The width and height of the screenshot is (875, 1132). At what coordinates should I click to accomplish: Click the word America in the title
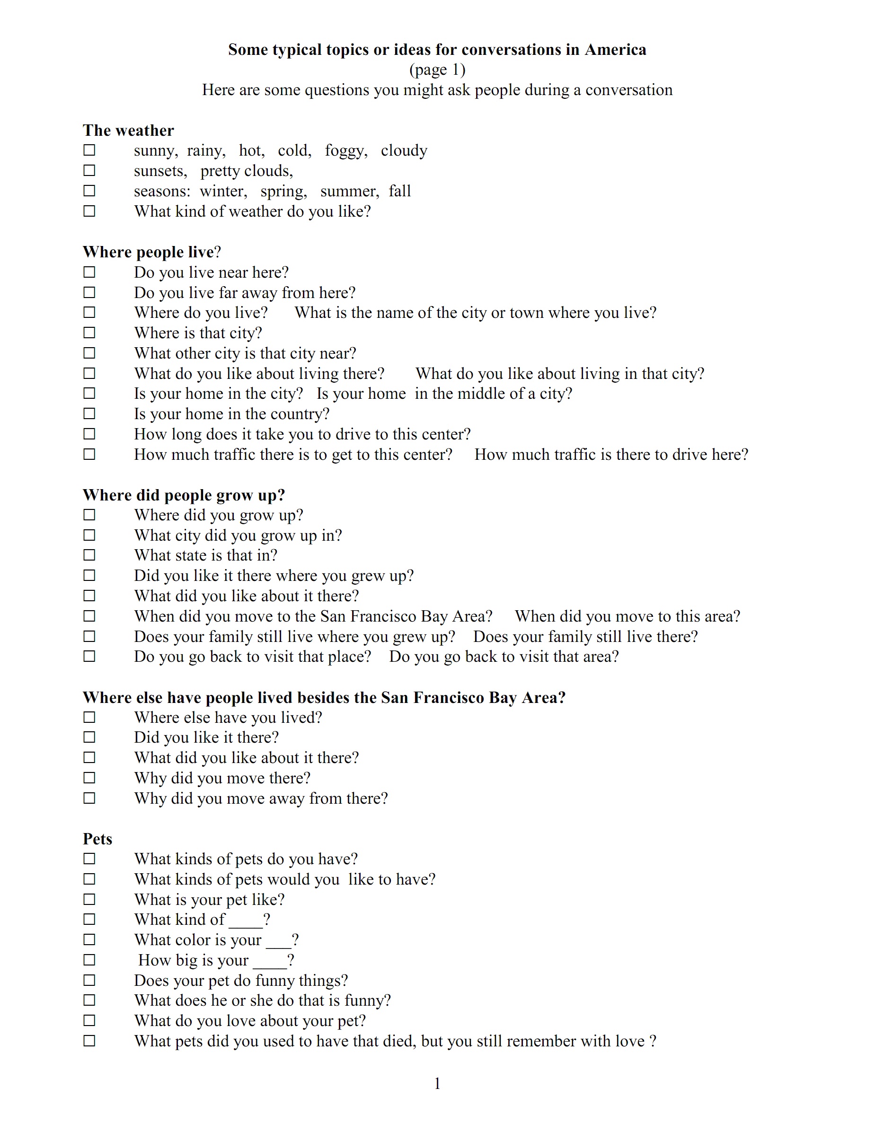point(615,50)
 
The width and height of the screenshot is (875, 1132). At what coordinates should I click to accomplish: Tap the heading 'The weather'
point(128,131)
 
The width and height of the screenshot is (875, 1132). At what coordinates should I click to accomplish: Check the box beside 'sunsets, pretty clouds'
point(89,170)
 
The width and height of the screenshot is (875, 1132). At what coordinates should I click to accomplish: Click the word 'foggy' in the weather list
point(345,150)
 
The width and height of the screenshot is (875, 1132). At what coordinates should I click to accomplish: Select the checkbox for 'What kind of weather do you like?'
point(89,211)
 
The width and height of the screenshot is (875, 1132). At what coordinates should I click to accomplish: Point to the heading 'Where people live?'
point(151,252)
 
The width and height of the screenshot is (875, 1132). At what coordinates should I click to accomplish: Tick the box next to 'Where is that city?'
point(89,333)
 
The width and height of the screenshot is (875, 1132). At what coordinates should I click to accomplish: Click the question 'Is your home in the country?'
point(231,414)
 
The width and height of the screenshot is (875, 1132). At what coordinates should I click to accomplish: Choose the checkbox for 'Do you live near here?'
point(89,272)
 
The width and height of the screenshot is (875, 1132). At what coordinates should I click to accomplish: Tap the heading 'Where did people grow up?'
point(184,495)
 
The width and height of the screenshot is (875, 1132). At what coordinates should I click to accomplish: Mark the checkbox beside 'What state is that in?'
point(89,555)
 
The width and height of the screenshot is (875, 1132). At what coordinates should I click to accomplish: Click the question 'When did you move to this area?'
point(627,616)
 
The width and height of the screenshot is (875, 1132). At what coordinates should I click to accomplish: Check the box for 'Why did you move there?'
point(89,778)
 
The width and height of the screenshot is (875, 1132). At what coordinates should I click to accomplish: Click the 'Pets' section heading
point(97,839)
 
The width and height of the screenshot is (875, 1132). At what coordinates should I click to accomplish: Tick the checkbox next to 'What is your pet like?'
point(89,899)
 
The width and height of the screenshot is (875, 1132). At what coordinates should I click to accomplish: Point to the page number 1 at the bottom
point(437,1084)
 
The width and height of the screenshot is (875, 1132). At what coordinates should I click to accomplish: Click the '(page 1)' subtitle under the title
point(437,70)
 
